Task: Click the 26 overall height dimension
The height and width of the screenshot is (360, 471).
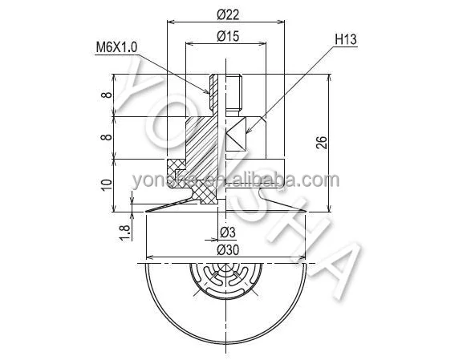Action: click(321, 144)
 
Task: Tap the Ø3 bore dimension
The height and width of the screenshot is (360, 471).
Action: click(227, 233)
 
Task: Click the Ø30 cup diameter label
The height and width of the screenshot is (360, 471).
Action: click(227, 250)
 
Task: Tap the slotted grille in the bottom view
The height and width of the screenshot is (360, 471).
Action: click(226, 282)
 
